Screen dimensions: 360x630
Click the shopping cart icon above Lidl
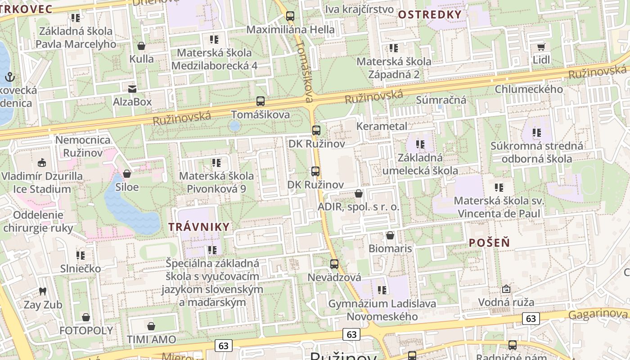[x=541, y=47]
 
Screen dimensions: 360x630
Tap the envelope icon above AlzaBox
[x=132, y=89]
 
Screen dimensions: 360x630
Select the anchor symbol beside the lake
[x=9, y=77]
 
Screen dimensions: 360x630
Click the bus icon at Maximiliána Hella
[x=290, y=16]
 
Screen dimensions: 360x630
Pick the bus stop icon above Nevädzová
[x=334, y=264]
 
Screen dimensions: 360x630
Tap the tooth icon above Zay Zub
[x=43, y=291]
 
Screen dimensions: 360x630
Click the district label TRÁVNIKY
[x=199, y=227]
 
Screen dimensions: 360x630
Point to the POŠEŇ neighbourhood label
[x=489, y=243]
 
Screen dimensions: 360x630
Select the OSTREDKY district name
[x=430, y=14]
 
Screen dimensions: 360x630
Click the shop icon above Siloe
[x=127, y=173]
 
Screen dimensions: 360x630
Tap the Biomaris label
[x=390, y=248]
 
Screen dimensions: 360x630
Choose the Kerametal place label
[x=382, y=126]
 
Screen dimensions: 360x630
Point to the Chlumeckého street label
[x=529, y=89]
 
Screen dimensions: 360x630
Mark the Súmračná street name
[x=441, y=100]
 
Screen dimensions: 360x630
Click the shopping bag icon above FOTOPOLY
[x=86, y=317]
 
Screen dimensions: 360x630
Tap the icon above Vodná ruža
[x=506, y=288]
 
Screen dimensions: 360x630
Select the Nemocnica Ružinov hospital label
[x=82, y=146]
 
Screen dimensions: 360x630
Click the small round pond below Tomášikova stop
[x=234, y=126]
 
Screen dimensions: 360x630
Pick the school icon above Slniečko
[x=81, y=256]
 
